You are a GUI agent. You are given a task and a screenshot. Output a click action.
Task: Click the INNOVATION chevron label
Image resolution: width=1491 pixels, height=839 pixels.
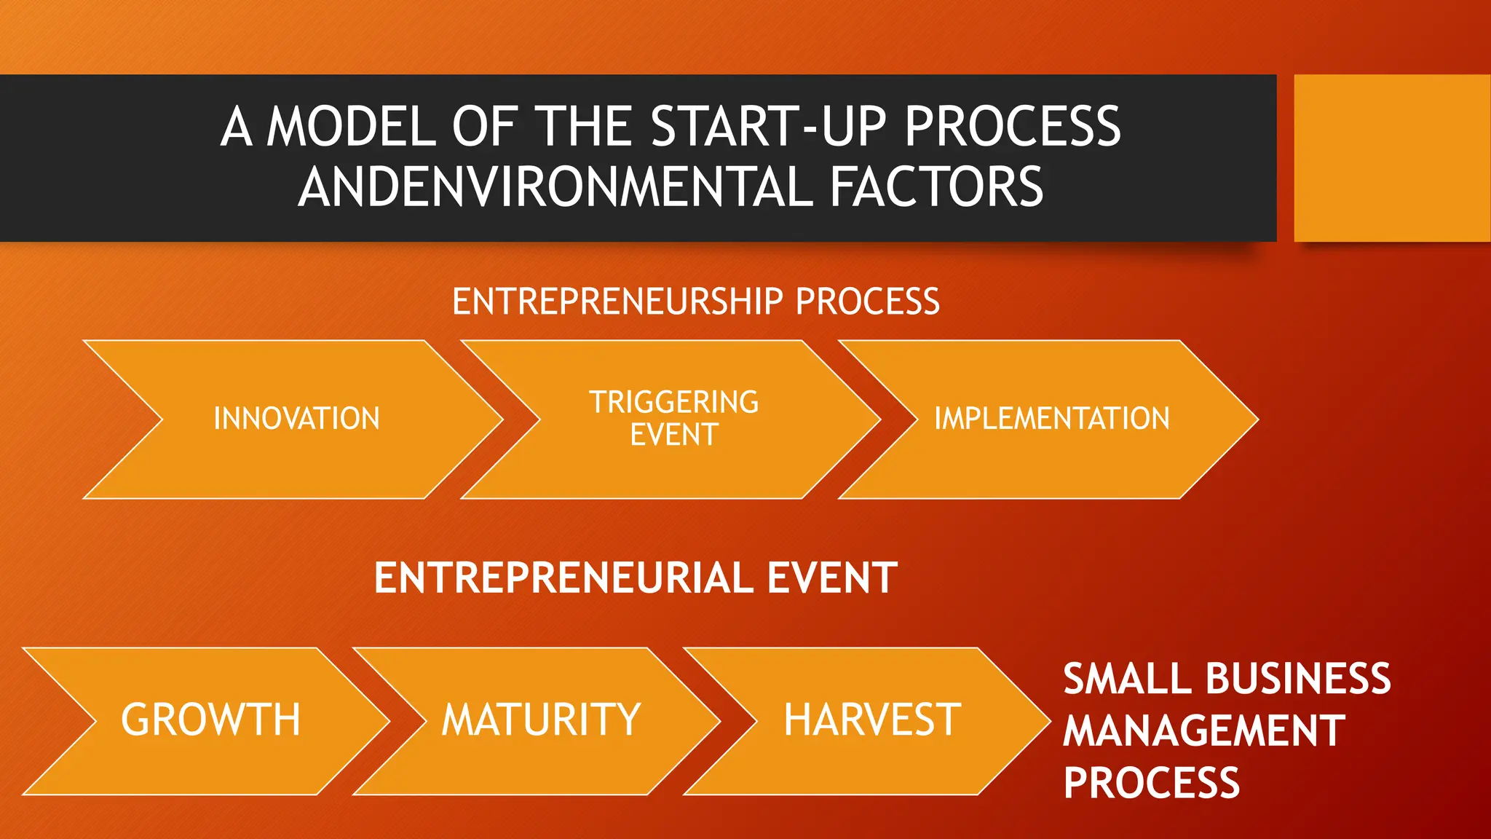pyautogui.click(x=296, y=419)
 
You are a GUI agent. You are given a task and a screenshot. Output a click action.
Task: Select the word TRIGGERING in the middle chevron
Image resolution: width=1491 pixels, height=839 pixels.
pyautogui.click(x=673, y=402)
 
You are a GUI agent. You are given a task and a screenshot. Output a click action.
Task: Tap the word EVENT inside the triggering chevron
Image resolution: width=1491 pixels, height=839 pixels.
pyautogui.click(x=673, y=435)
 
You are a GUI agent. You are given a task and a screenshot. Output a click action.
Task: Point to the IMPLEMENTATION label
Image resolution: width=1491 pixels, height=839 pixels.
pyautogui.click(x=1051, y=419)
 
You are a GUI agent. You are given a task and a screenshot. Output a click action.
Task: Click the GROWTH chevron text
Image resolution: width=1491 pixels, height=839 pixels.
pyautogui.click(x=210, y=720)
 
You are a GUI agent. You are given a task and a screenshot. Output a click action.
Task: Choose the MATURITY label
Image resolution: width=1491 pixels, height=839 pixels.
pyautogui.click(x=541, y=720)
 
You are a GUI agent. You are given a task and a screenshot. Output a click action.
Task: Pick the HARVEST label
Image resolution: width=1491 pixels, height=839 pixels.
pyautogui.click(x=871, y=720)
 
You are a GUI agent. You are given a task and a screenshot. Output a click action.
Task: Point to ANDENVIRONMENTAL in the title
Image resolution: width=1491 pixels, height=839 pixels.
pyautogui.click(x=555, y=187)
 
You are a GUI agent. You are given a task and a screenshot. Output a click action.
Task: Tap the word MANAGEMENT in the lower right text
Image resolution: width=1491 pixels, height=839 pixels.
pyautogui.click(x=1203, y=730)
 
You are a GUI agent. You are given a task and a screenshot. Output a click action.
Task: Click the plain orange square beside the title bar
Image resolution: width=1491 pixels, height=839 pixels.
pyautogui.click(x=1392, y=158)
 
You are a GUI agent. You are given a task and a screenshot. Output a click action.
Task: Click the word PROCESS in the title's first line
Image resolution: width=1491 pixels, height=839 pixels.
pyautogui.click(x=1012, y=127)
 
